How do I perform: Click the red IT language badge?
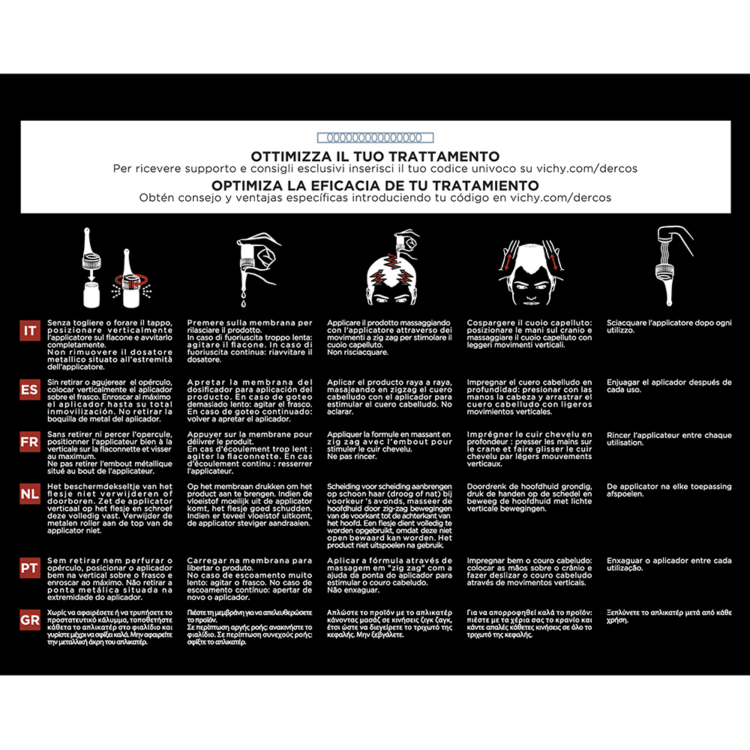click(x=30, y=331)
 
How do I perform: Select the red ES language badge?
click(x=30, y=390)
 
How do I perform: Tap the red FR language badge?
click(x=30, y=442)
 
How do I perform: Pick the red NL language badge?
click(x=30, y=493)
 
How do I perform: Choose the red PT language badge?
click(x=30, y=568)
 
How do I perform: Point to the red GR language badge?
click(x=30, y=620)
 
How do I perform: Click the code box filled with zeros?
click(x=375, y=138)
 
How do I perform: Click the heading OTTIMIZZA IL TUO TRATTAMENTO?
click(x=375, y=157)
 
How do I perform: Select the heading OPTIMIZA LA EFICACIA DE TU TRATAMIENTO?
click(x=375, y=185)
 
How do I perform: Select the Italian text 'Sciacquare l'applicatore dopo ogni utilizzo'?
click(x=669, y=327)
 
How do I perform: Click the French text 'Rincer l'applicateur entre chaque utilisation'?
click(x=669, y=439)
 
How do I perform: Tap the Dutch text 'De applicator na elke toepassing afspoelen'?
click(x=669, y=490)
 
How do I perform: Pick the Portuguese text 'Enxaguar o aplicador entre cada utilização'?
click(x=669, y=565)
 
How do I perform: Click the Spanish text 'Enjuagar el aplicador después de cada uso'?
click(x=669, y=386)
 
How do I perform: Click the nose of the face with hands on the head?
click(x=532, y=294)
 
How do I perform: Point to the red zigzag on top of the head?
click(x=393, y=262)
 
